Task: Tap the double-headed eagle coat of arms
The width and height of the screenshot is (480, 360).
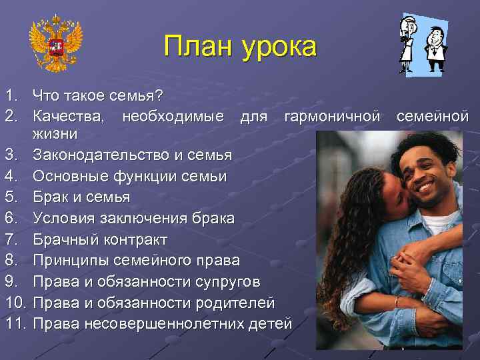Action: click(56, 43)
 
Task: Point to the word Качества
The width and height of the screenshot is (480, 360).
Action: click(69, 117)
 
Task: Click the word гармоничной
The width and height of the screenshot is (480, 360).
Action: click(331, 117)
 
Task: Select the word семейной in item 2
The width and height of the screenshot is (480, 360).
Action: click(433, 117)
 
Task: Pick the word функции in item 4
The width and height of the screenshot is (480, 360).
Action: click(143, 177)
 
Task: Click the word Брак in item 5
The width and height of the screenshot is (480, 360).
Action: click(52, 197)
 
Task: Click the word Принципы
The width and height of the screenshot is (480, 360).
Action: click(73, 261)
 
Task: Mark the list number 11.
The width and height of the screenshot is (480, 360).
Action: click(15, 324)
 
